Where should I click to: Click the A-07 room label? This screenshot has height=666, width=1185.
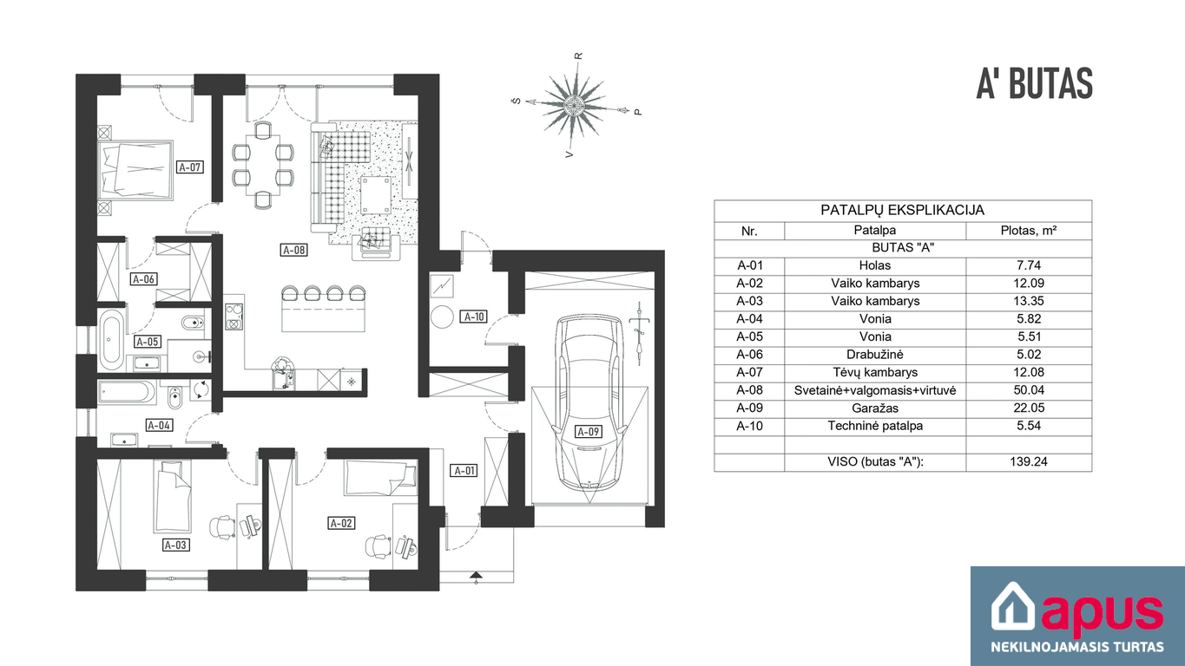coord(189,167)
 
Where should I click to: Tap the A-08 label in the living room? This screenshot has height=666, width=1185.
coord(293,250)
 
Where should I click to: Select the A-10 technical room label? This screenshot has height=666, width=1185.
coord(474,317)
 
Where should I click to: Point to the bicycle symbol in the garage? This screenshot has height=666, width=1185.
coord(640,333)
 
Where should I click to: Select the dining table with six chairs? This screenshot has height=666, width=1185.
coord(263,165)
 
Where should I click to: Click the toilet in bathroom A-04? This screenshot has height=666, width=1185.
coord(174,398)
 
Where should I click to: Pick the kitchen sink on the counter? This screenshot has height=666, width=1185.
coord(284,377)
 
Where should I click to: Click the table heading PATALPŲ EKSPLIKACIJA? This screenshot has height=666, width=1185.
coord(903,211)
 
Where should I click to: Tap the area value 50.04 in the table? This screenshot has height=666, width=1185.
coord(1029,390)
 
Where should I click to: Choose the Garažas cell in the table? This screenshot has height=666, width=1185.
coord(875,408)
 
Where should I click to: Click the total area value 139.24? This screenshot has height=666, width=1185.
coord(1029,461)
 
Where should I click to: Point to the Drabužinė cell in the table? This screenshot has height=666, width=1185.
coord(875,354)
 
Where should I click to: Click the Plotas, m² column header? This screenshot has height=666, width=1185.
coord(1029,231)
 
